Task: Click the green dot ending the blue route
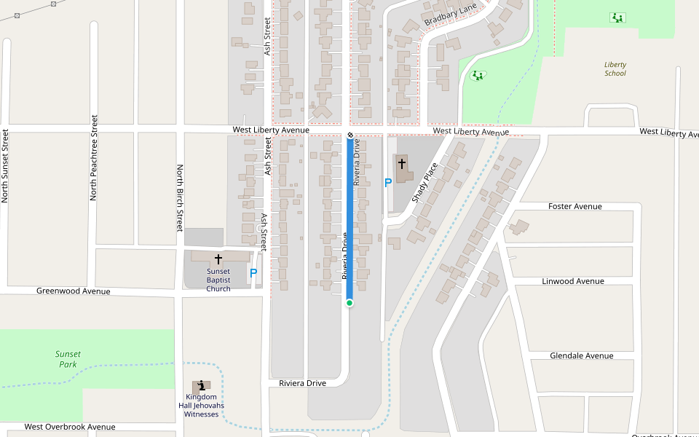(x=349, y=303)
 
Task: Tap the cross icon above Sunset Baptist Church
(x=218, y=259)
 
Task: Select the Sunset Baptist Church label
(x=218, y=280)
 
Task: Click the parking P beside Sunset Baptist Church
(x=253, y=274)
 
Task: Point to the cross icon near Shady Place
(x=402, y=165)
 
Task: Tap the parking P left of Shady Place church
(x=388, y=183)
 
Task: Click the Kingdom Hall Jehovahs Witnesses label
(x=201, y=406)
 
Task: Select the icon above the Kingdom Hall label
(x=202, y=385)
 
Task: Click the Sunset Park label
(x=68, y=359)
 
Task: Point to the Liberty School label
(x=615, y=68)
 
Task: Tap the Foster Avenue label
(x=574, y=207)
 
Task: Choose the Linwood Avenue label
(x=573, y=281)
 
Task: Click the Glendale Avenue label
(x=572, y=356)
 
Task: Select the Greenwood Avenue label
(x=74, y=291)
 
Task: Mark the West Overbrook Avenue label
(x=70, y=427)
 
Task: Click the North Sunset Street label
(x=6, y=165)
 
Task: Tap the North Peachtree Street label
(x=94, y=157)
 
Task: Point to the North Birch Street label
(x=180, y=197)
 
